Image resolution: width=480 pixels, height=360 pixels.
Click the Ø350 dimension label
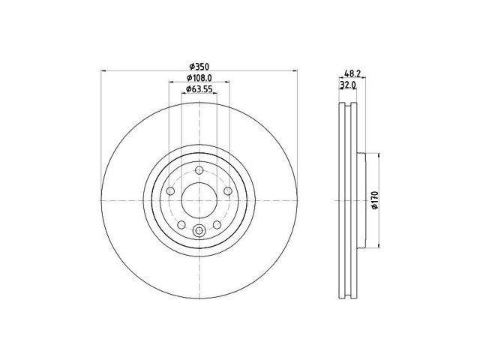point(199,66)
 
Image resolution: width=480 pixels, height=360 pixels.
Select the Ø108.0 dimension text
point(199,78)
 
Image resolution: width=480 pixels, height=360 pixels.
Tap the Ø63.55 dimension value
point(199,89)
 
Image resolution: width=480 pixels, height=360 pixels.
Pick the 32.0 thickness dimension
point(348,85)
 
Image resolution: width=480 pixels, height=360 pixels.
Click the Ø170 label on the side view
point(375,200)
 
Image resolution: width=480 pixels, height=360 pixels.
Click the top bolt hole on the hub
point(199,170)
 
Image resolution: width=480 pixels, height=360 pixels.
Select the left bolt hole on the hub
point(170,191)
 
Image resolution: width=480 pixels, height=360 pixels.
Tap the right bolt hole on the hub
point(228,191)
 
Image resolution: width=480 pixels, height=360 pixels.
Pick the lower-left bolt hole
point(181,225)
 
